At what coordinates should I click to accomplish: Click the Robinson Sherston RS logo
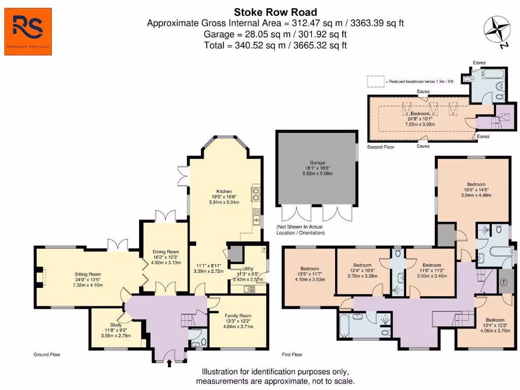pos(28,31)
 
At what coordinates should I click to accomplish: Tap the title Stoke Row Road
pos(275,12)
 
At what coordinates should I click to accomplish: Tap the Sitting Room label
pos(88,274)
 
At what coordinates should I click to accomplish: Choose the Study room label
pos(116,325)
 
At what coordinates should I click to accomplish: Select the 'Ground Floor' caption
pos(48,354)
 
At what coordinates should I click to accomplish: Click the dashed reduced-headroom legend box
pos(375,81)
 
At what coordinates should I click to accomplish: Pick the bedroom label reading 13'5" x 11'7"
pos(309,269)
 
